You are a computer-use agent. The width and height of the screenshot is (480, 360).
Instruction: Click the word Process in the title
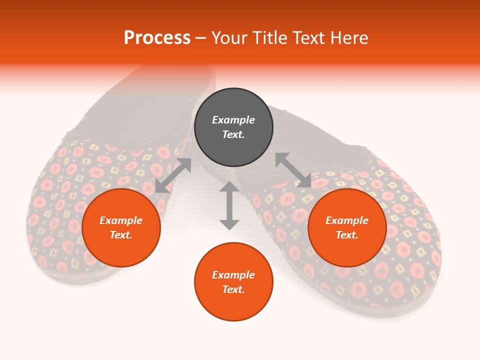tap(157, 37)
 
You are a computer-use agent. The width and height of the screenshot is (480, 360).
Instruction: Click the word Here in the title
tap(349, 37)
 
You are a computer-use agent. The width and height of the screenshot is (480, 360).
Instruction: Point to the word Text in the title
tap(308, 37)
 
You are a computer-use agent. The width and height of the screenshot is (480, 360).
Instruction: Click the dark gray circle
tap(233, 127)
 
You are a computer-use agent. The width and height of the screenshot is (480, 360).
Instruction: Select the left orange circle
tap(121, 227)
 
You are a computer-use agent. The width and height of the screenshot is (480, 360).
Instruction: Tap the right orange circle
tap(347, 227)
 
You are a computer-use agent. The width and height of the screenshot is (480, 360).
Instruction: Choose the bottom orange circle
tap(233, 281)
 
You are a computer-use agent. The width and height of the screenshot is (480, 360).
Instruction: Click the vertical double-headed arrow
tap(229, 205)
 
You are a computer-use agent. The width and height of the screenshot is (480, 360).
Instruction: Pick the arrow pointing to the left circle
tap(173, 175)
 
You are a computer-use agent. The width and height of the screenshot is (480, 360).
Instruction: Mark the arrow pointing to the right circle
tap(293, 170)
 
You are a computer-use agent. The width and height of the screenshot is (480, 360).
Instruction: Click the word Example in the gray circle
tap(233, 119)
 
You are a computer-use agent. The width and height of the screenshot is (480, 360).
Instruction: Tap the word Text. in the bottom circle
tap(233, 289)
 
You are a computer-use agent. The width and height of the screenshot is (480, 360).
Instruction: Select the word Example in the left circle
tap(121, 220)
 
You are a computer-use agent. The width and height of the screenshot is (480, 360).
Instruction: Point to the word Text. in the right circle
tap(347, 235)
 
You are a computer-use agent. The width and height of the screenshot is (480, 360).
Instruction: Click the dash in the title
tap(201, 38)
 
